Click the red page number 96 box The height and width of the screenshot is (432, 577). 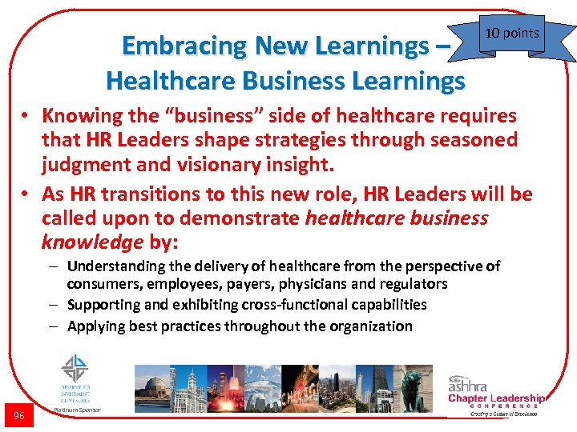(18, 414)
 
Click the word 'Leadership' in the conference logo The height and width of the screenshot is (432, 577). (517, 398)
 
